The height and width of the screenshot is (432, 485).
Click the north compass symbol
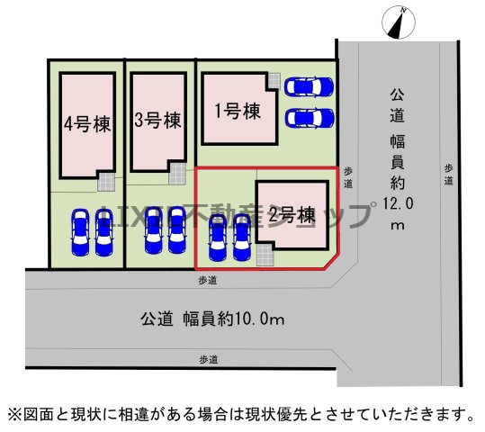[x=399, y=22]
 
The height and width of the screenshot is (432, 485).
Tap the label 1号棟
[x=238, y=111]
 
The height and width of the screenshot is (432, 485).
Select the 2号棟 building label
[x=292, y=215]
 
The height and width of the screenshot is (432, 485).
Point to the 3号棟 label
[x=157, y=120]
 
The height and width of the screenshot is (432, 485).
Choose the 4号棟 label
[x=87, y=124]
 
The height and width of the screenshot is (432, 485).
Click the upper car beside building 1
[x=309, y=86]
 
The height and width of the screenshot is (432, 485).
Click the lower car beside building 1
[x=309, y=118]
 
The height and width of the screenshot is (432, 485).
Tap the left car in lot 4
[x=80, y=232]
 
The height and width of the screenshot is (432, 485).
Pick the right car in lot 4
[x=104, y=232]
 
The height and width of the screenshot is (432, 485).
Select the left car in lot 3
[x=153, y=230]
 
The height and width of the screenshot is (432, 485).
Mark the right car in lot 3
[x=177, y=230]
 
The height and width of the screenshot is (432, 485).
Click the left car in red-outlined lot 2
[x=218, y=238]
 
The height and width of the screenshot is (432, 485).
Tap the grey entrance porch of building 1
[x=274, y=81]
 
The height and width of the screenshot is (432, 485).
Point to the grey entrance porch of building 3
[x=177, y=174]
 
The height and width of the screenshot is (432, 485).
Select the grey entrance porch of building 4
[x=106, y=182]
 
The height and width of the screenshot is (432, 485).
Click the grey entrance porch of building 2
[x=265, y=255]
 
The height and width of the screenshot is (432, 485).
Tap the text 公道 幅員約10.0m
[x=212, y=319]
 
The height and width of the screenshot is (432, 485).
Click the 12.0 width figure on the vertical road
[x=398, y=203]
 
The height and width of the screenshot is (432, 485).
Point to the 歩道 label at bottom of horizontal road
[x=209, y=360]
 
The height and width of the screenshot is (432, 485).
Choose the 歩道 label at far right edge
[x=448, y=175]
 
